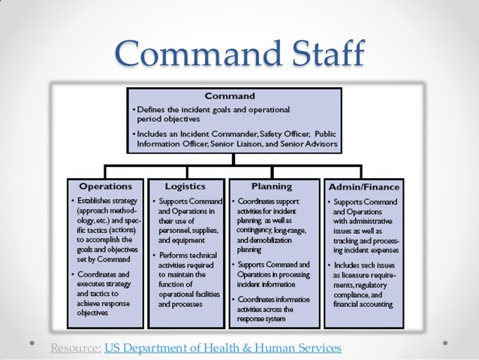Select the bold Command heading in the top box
coord(230,96)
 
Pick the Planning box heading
coord(271,186)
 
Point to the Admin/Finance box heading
coord(362,186)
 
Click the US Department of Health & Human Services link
coord(223,348)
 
